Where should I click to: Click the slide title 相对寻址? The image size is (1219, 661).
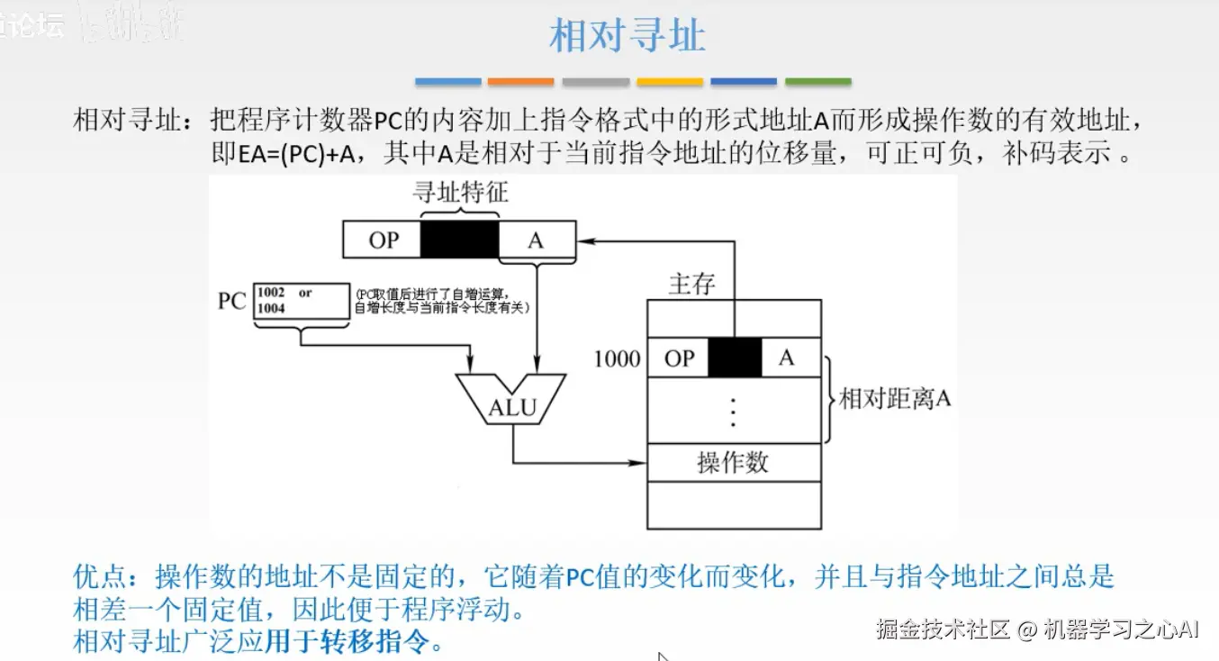click(x=627, y=37)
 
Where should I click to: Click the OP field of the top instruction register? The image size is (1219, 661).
click(x=383, y=240)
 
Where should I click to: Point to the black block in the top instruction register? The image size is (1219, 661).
click(x=460, y=240)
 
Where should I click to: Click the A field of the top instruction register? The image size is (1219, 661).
click(x=536, y=240)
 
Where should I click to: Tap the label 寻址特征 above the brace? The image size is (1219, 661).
click(x=460, y=192)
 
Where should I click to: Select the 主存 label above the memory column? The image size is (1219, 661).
click(x=691, y=285)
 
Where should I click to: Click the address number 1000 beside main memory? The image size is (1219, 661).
click(x=617, y=358)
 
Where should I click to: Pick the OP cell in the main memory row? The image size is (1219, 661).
click(x=679, y=358)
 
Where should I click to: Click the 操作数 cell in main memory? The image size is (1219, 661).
click(x=734, y=463)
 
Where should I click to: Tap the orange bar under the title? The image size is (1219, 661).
click(x=521, y=82)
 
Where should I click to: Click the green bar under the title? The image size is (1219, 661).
click(x=817, y=82)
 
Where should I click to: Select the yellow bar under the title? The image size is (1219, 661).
click(x=670, y=82)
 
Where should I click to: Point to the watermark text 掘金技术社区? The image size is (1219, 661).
click(x=943, y=629)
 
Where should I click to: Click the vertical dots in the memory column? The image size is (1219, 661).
click(x=734, y=410)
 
